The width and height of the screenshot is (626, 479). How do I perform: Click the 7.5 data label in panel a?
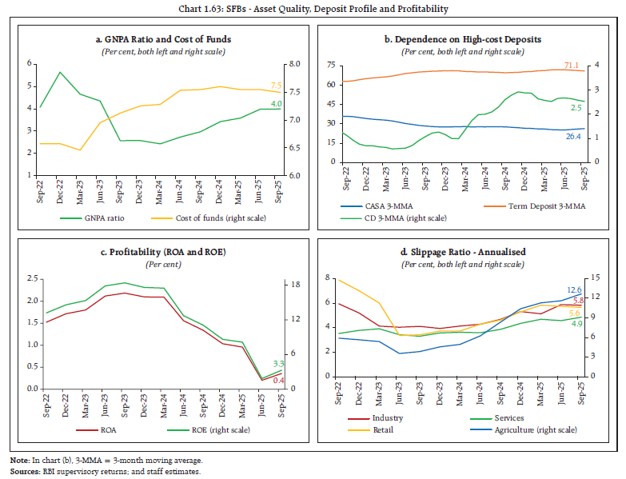[x=277, y=85]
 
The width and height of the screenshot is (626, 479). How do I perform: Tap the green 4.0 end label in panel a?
[x=276, y=103]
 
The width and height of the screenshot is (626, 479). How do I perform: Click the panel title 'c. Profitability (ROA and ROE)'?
[x=163, y=252]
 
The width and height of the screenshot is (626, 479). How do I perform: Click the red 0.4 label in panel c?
[x=277, y=379]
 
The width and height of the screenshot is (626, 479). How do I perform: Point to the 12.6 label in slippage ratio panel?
[x=575, y=289]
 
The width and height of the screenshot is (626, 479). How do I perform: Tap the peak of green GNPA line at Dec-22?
[x=61, y=72]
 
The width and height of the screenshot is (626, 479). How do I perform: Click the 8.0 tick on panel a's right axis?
[x=294, y=64]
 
